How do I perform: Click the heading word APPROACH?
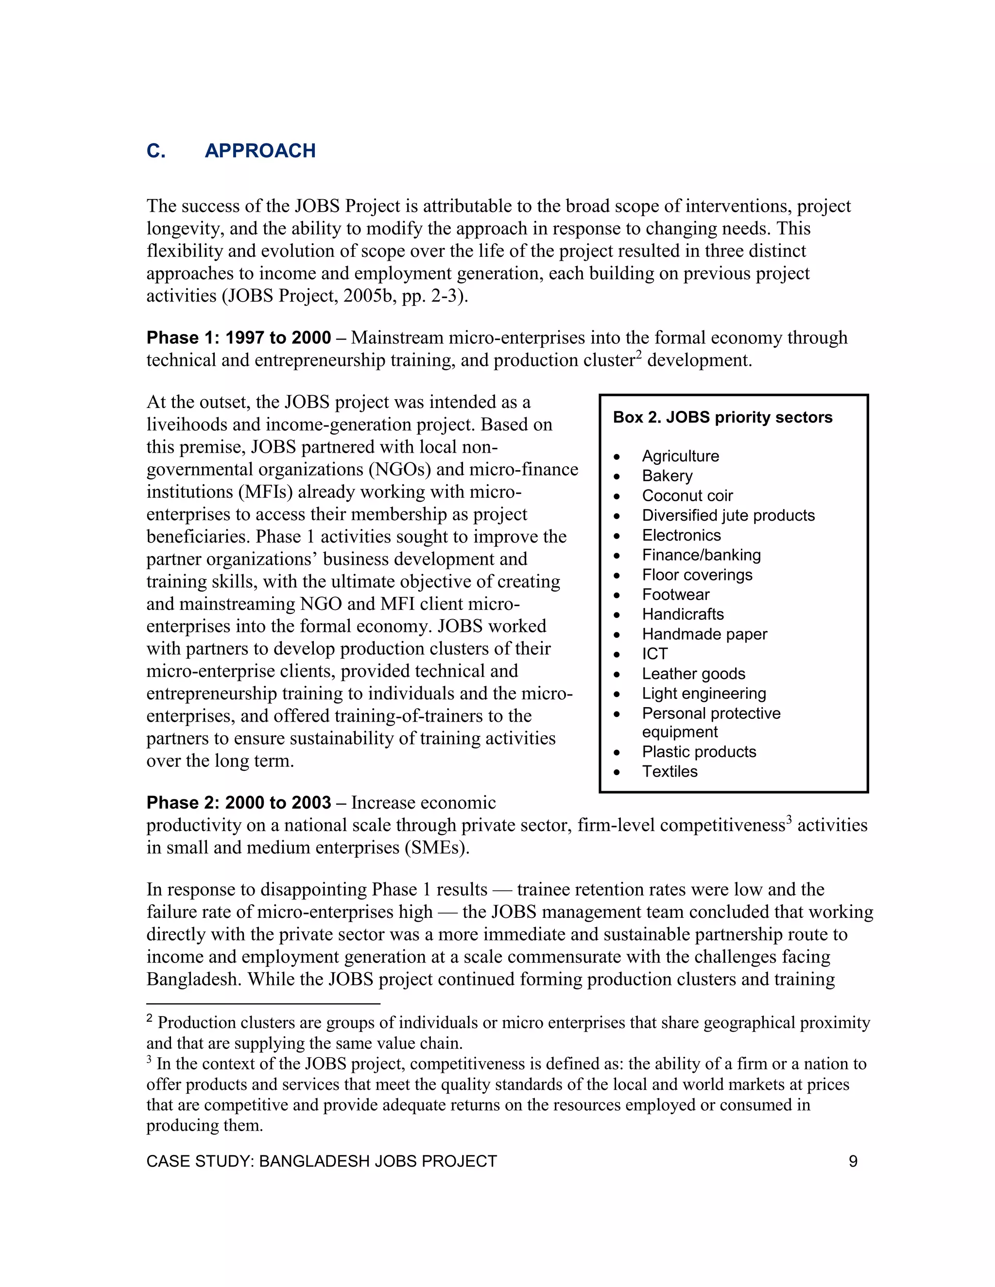pos(260,151)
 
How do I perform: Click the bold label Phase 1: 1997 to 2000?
pos(239,338)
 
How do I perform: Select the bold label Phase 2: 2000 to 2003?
pos(239,803)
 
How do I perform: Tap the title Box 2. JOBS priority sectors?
pos(722,417)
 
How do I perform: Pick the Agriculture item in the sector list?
pos(680,456)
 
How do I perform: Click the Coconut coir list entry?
pos(687,495)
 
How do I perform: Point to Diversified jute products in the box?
pos(728,516)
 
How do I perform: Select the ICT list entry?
pos(654,654)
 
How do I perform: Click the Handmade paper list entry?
pos(704,634)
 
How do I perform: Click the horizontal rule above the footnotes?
pos(263,1003)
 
